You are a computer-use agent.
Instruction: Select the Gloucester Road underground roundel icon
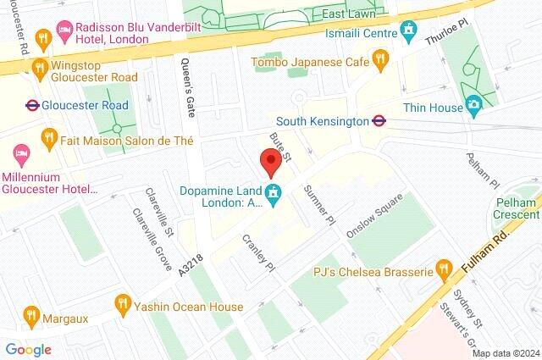pyautogui.click(x=32, y=106)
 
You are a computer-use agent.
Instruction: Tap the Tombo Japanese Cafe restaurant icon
pyautogui.click(x=381, y=59)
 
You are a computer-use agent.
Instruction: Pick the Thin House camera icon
pyautogui.click(x=474, y=106)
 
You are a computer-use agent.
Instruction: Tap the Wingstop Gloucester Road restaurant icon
pyautogui.click(x=38, y=67)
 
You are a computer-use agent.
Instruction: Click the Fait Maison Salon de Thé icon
pyautogui.click(x=49, y=137)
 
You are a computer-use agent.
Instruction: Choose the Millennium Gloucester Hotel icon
pyautogui.click(x=20, y=155)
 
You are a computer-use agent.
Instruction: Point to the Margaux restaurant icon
pyautogui.click(x=31, y=313)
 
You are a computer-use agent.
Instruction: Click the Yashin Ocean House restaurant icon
pyautogui.click(x=124, y=302)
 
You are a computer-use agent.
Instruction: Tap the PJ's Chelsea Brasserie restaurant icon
pyautogui.click(x=442, y=271)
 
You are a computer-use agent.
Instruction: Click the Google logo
pyautogui.click(x=28, y=349)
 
